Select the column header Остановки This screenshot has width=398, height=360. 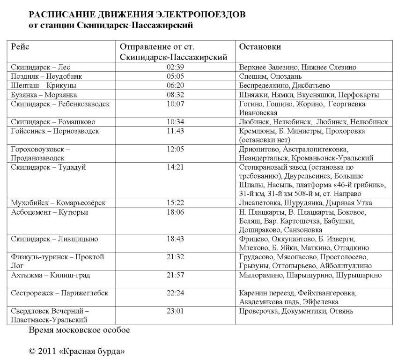click(x=260, y=47)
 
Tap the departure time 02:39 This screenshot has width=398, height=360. click(x=175, y=67)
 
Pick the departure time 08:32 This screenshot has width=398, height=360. click(x=175, y=95)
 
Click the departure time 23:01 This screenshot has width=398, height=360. click(x=175, y=311)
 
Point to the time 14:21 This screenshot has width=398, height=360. click(x=175, y=167)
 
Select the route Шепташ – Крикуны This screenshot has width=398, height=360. click(x=43, y=85)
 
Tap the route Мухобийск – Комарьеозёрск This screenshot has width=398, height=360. click(x=58, y=203)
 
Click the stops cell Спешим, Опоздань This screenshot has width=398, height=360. click(x=270, y=76)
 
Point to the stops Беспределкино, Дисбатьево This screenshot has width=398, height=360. click(x=284, y=85)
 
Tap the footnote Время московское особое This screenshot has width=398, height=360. click(x=79, y=330)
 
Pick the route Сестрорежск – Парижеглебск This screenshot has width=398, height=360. click(x=59, y=293)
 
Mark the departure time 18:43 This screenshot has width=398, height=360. click(x=175, y=239)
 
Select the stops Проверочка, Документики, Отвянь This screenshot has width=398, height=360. click(x=296, y=311)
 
